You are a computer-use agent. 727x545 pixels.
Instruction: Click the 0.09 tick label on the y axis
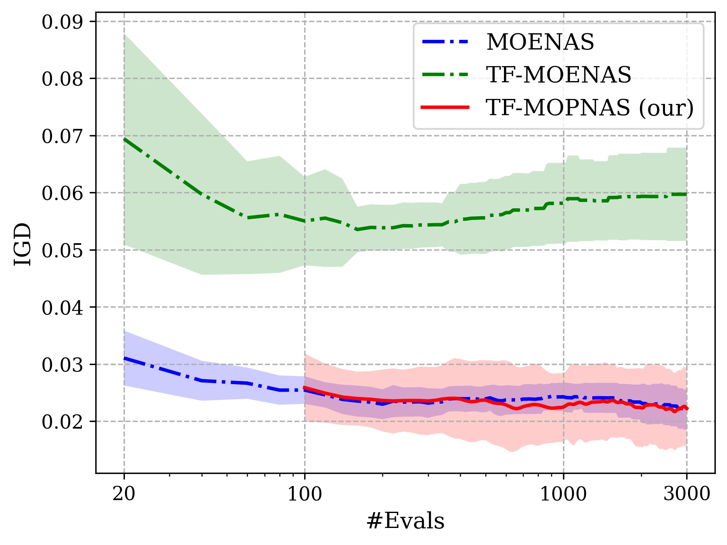pos(62,22)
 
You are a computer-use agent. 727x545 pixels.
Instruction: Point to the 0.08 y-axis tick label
pos(62,79)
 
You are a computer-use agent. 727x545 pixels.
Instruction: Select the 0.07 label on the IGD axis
pos(62,136)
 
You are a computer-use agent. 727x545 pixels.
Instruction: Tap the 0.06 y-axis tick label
pos(62,193)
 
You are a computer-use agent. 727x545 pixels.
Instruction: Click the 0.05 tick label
pos(62,251)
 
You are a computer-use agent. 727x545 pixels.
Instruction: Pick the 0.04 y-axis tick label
pos(62,308)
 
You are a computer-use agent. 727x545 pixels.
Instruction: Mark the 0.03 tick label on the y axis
pos(62,365)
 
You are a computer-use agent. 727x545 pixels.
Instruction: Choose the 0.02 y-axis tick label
pos(62,422)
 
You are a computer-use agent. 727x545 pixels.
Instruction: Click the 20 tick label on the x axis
pos(124,494)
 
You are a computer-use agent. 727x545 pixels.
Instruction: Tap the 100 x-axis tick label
pos(305,494)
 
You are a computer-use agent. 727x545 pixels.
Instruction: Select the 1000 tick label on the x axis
pos(563,494)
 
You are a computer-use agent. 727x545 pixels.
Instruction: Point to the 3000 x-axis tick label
pos(687,494)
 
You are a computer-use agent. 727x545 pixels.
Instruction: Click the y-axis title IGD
pos(23,244)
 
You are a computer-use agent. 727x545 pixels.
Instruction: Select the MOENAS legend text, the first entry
pos(540,42)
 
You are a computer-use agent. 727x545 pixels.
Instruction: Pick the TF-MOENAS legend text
pos(559,75)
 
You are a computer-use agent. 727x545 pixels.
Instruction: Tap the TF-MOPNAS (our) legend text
pos(590,108)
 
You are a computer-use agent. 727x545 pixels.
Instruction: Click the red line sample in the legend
pos(445,107)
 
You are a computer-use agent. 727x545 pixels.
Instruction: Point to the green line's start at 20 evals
pos(124,139)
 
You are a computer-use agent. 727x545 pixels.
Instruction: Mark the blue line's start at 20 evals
pos(124,358)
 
